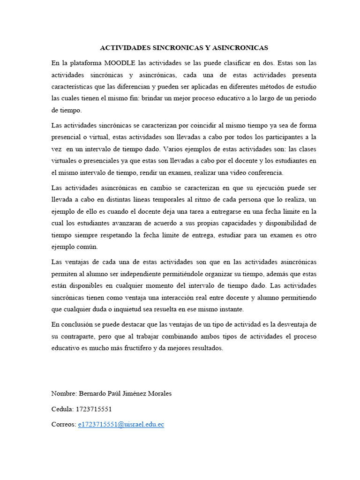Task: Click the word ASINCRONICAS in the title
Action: [x=241, y=48]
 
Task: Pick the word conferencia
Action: [x=266, y=173]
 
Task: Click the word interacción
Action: [x=181, y=298]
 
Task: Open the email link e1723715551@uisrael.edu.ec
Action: [x=121, y=425]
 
